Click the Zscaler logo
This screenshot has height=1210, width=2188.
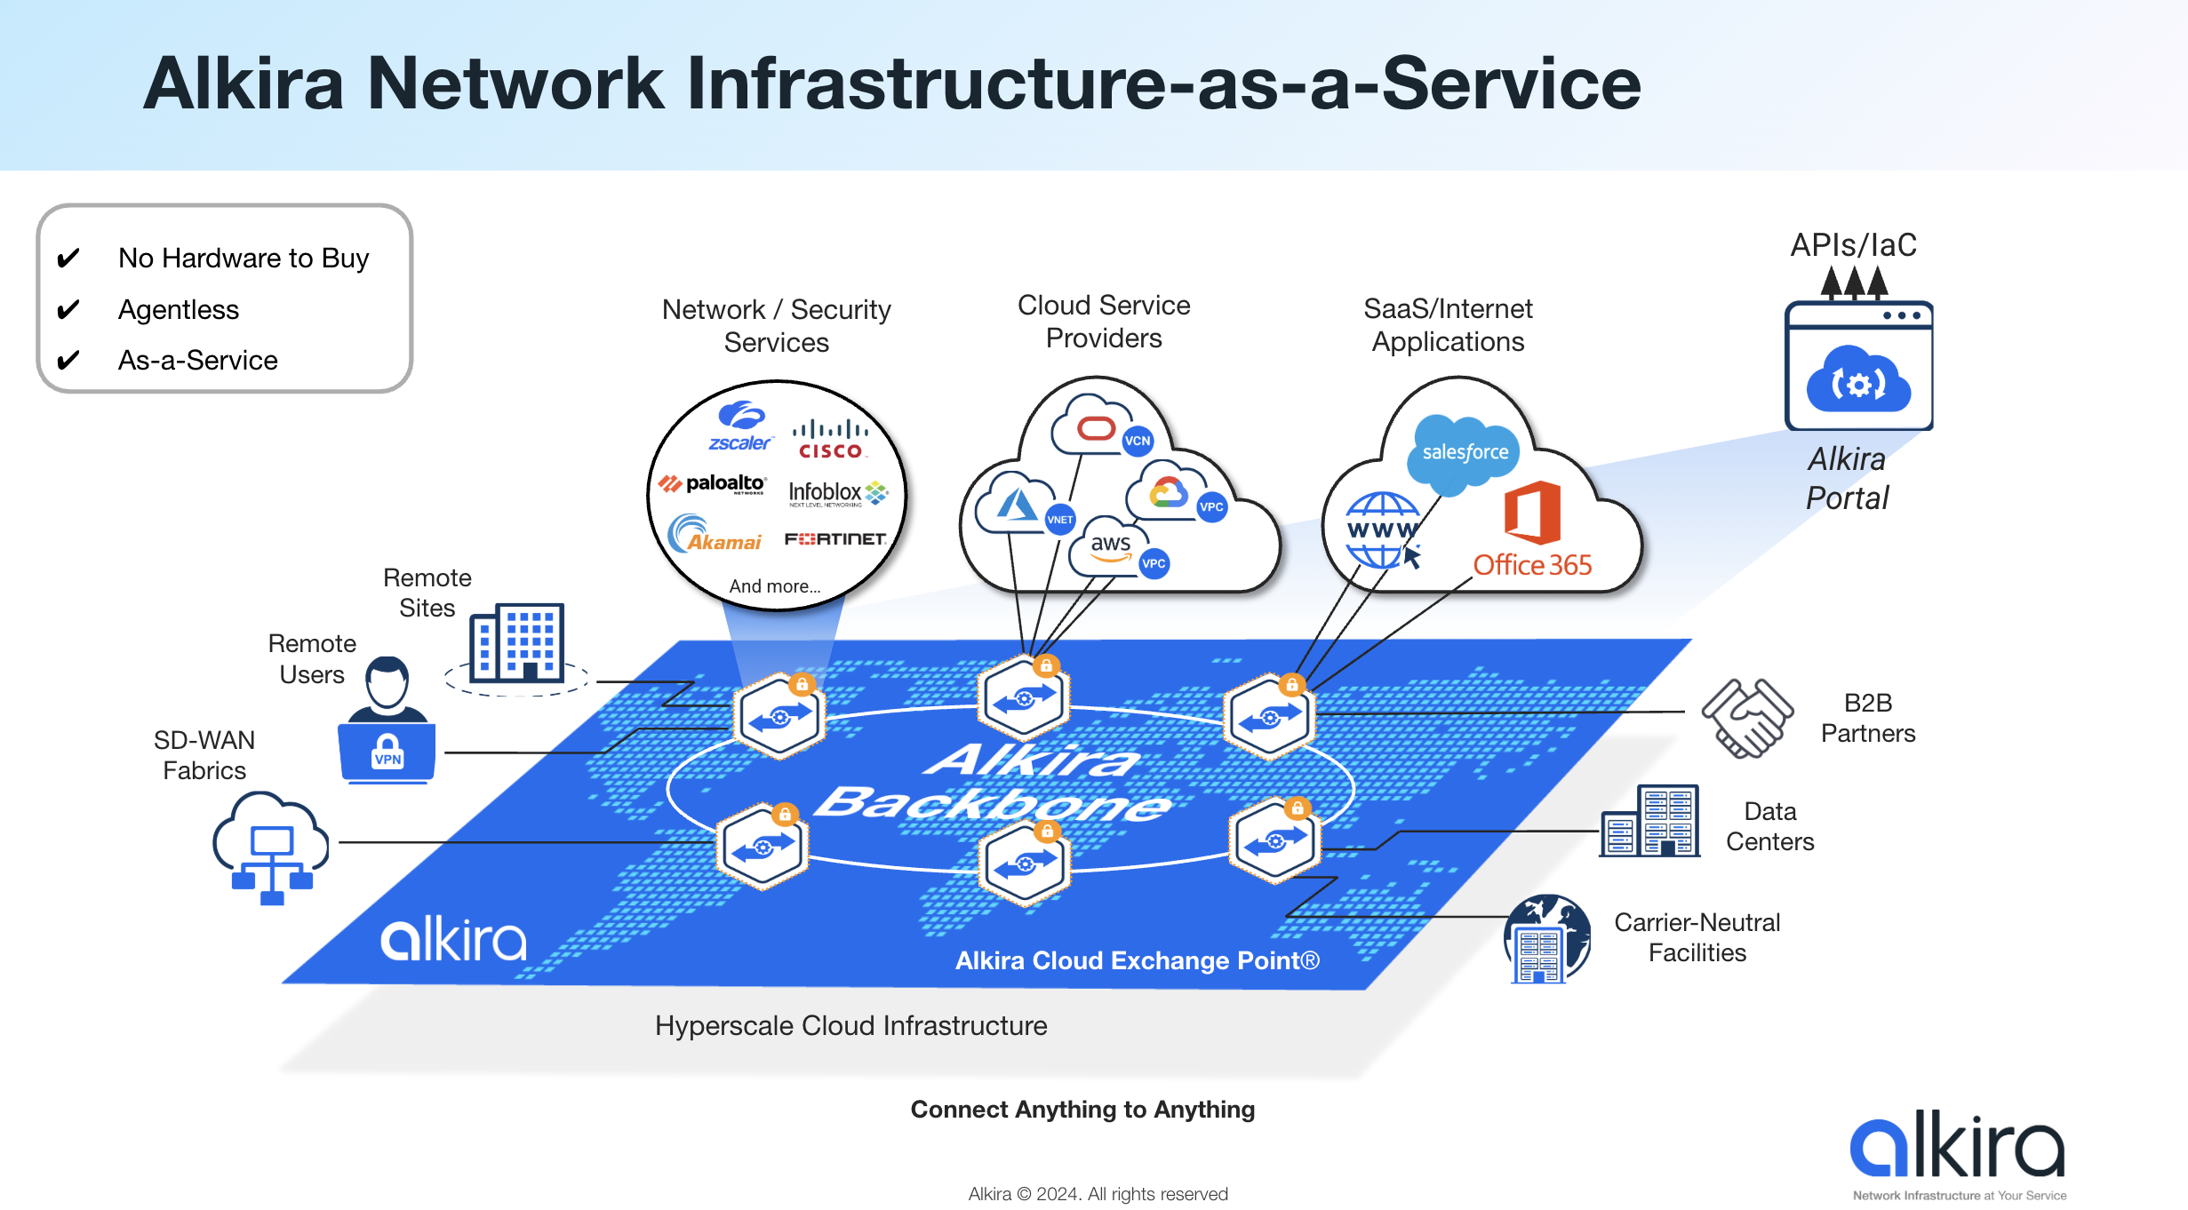tap(740, 426)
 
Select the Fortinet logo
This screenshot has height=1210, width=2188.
tap(834, 538)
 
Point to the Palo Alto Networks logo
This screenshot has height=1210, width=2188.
tap(712, 484)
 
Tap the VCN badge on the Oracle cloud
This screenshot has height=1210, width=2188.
tap(1137, 441)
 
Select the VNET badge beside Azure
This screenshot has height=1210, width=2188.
tap(1059, 520)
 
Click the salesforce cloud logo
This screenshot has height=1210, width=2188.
tap(1465, 452)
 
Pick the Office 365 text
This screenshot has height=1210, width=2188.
tap(1532, 565)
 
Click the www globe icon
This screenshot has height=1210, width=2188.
tap(1383, 530)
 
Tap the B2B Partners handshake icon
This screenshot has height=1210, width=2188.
tap(1746, 718)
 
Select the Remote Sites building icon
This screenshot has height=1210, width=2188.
tap(517, 644)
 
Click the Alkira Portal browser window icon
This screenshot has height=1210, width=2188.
tap(1858, 366)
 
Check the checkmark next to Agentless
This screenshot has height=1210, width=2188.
tap(68, 309)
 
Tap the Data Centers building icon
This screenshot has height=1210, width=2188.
tap(1650, 822)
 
